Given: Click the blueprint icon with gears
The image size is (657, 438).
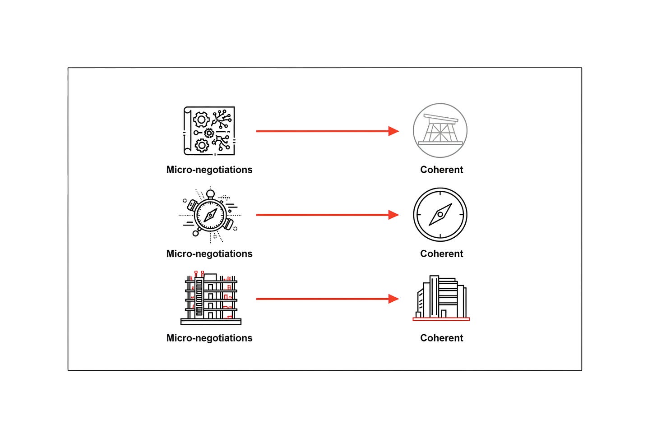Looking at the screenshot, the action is (209, 131).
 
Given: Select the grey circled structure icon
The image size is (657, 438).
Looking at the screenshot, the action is (440, 130).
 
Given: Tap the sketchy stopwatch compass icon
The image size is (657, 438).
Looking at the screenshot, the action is (210, 215).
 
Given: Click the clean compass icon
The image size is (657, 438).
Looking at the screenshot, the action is (440, 215).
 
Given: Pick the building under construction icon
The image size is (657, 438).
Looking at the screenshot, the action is (211, 298).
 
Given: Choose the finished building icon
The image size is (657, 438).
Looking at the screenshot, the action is (441, 298).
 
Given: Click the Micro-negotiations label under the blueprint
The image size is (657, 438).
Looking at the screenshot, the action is (209, 170).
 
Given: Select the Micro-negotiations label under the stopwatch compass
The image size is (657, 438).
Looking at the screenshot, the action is (209, 254).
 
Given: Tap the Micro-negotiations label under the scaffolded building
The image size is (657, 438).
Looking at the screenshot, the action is (209, 338).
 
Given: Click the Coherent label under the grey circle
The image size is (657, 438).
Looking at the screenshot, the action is (441, 170).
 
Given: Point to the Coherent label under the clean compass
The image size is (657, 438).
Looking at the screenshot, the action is (441, 254).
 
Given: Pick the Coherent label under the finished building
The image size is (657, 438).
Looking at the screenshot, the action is (441, 338).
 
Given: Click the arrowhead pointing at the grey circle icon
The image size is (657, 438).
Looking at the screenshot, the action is (393, 131).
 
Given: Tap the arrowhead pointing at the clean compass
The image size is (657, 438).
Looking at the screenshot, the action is (393, 215).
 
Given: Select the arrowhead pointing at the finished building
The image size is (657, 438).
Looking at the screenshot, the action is (393, 299).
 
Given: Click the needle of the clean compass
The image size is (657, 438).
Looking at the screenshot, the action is (440, 215).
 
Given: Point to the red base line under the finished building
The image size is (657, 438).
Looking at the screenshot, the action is (441, 319).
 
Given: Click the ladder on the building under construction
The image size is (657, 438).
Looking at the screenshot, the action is (199, 297).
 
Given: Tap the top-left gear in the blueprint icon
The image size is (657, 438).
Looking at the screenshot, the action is (201, 120).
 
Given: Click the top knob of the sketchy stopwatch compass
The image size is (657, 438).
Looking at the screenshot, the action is (210, 194).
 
